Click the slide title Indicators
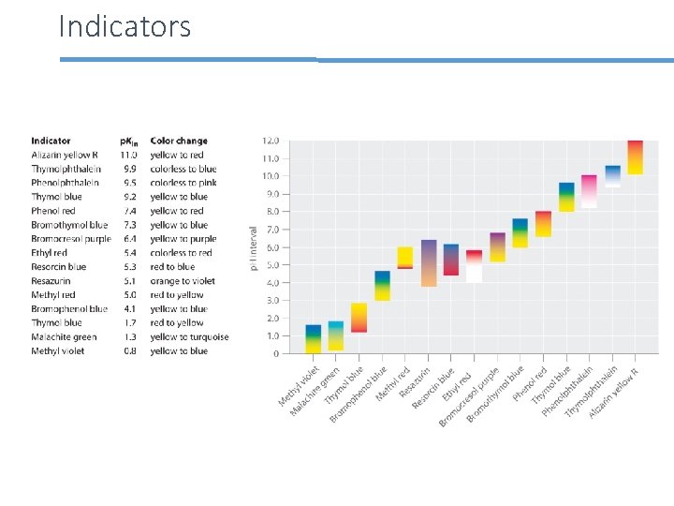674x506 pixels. (125, 26)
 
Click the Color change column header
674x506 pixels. (179, 141)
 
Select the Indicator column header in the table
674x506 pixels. (51, 141)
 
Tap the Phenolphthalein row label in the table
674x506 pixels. (65, 183)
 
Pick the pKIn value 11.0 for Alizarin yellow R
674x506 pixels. (128, 156)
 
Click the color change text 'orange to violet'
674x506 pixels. (183, 281)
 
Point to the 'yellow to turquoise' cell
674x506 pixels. (189, 337)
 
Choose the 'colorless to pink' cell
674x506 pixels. (183, 183)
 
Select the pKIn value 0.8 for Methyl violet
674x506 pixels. (128, 351)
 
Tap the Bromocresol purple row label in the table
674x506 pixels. (71, 239)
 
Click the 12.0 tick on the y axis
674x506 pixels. (270, 141)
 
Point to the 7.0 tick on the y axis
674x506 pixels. (271, 230)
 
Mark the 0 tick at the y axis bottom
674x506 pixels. (275, 354)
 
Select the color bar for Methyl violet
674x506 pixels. (313, 339)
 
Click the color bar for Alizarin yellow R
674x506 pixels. (635, 157)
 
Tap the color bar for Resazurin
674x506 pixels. (429, 262)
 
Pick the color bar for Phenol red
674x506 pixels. (543, 224)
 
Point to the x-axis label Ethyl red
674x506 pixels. (458, 382)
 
